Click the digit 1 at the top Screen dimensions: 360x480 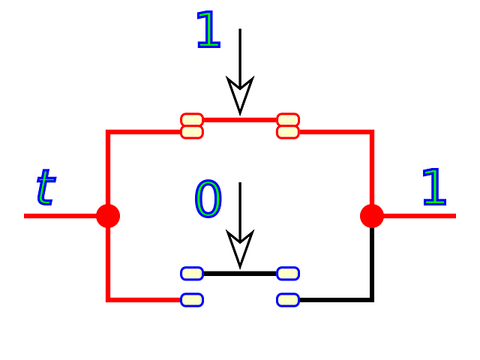[x=208, y=30]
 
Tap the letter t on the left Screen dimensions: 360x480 [x=45, y=187]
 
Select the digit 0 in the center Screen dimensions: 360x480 [x=208, y=199]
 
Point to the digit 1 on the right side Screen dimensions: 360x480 [x=433, y=187]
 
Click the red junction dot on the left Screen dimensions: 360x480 [x=108, y=215]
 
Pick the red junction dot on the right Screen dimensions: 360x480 [x=371, y=215]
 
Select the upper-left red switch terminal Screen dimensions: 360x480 [x=192, y=125]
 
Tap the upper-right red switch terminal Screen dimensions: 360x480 [x=288, y=125]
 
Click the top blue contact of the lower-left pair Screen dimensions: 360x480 [x=192, y=273]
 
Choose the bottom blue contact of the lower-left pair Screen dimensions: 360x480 [x=192, y=300]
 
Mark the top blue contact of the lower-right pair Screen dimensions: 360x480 [x=288, y=273]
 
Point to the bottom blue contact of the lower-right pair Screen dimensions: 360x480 [x=288, y=300]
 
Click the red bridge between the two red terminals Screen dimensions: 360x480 [x=240, y=120]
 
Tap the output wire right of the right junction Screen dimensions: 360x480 [x=424, y=216]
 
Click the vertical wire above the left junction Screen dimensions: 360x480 [x=108, y=169]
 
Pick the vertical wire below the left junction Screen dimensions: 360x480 [x=108, y=262]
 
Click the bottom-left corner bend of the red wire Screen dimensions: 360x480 [x=108, y=299]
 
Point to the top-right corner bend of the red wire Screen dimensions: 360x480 [x=371, y=132]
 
